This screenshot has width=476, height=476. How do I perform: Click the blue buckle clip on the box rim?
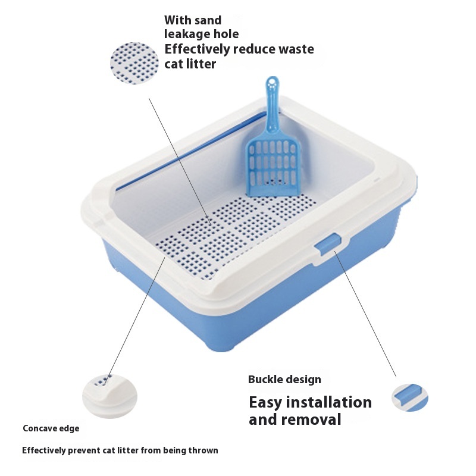pos(328,245)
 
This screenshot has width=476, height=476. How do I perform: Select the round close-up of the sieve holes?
pos(134,63)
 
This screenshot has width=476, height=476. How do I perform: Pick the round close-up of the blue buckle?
pos(410,397)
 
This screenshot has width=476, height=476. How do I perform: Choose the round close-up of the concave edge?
pos(109,396)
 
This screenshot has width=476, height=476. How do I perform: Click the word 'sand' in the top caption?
pos(208,20)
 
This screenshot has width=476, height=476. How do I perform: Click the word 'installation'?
pos(329,403)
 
